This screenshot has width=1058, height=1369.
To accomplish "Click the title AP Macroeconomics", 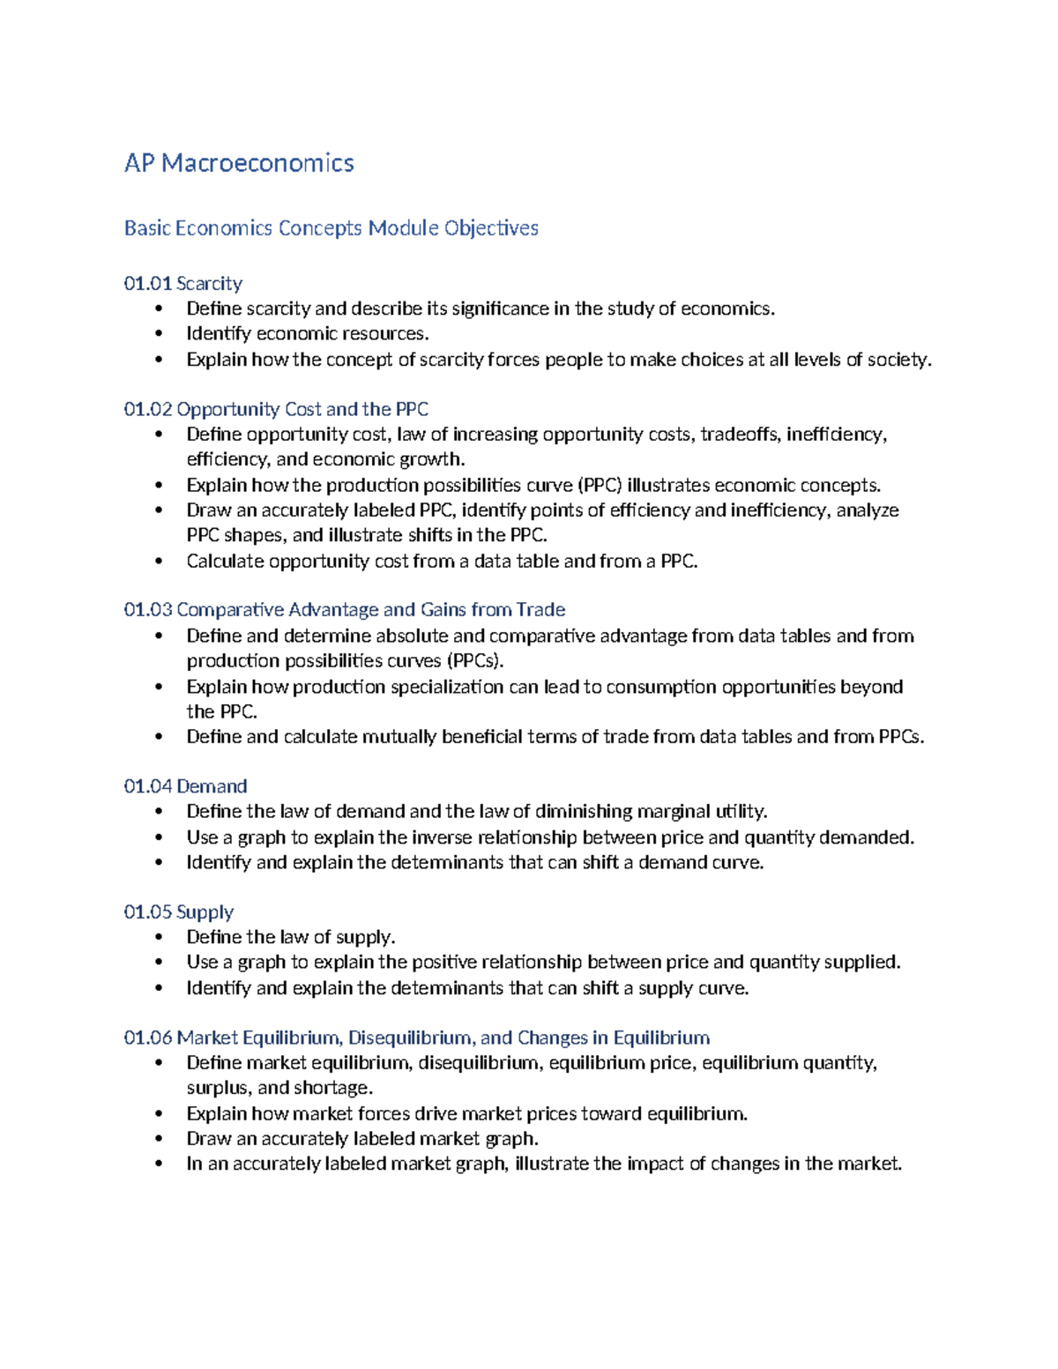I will (x=239, y=163).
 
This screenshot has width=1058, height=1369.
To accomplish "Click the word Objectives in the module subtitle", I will (x=491, y=228).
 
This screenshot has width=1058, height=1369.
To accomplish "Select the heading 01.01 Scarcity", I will (x=183, y=283).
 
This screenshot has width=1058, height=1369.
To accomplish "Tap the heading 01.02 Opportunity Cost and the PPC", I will (x=276, y=409).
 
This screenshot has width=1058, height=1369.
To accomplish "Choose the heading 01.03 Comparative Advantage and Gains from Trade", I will (x=345, y=610).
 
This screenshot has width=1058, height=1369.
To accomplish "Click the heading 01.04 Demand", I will (x=185, y=786).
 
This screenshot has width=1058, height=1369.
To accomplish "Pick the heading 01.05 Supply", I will (x=179, y=911).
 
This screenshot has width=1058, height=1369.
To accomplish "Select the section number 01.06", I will (x=148, y=1038).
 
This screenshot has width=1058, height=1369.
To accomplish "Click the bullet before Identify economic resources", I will (x=159, y=334).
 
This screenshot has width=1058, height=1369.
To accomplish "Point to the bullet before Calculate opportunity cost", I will (x=159, y=562).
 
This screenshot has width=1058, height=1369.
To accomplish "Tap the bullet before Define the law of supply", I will (x=159, y=937).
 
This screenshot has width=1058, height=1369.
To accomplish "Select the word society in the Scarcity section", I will (x=898, y=360).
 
